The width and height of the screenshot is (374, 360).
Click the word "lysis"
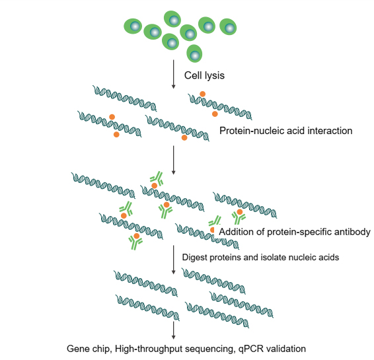(x=213, y=75)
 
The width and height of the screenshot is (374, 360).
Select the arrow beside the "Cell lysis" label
(x=173, y=74)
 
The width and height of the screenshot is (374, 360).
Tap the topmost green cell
(x=172, y=19)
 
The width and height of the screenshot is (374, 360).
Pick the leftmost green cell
(x=133, y=26)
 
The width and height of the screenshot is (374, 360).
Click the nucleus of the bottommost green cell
(x=195, y=55)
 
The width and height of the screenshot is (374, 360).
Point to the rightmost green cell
(x=228, y=26)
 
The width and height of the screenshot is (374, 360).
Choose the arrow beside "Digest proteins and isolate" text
(x=173, y=260)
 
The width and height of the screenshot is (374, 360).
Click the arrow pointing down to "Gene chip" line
(x=173, y=330)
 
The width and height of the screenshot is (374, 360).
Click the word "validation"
(x=286, y=349)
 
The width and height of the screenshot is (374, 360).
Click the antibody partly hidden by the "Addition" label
(x=215, y=221)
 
